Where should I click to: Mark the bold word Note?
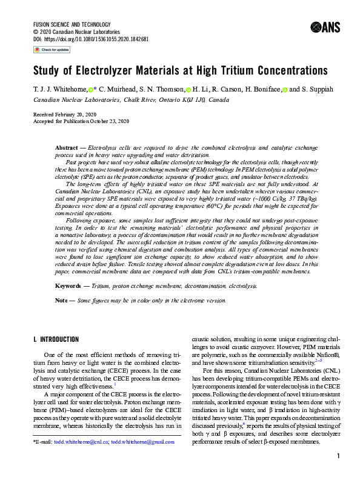[x=62, y=300]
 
